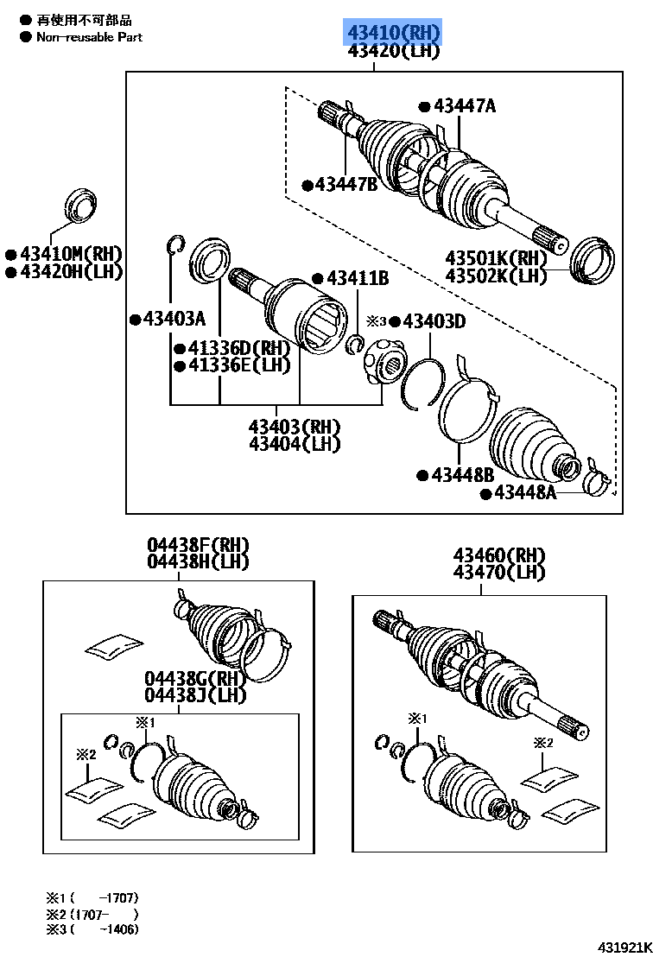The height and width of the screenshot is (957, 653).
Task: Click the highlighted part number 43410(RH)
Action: tap(394, 33)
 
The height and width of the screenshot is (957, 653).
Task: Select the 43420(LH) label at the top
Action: tap(394, 51)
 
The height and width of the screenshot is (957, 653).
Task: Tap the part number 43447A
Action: tap(465, 106)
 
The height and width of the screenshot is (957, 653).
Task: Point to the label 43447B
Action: tap(346, 184)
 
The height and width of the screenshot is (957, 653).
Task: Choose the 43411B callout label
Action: tap(357, 278)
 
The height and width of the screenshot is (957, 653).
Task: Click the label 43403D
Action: tap(434, 321)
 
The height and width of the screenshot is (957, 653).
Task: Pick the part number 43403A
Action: tap(174, 320)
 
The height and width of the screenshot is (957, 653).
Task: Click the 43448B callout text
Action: tap(462, 475)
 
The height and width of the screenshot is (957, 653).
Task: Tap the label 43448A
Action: tap(524, 493)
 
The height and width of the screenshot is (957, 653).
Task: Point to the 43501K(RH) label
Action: tap(497, 258)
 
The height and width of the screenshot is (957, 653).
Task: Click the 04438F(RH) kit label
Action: tap(198, 545)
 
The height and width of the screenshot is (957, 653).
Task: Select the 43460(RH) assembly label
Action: tap(499, 555)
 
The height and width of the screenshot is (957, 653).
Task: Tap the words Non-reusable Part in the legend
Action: tap(89, 37)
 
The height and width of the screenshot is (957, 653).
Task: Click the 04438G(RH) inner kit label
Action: tap(195, 679)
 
